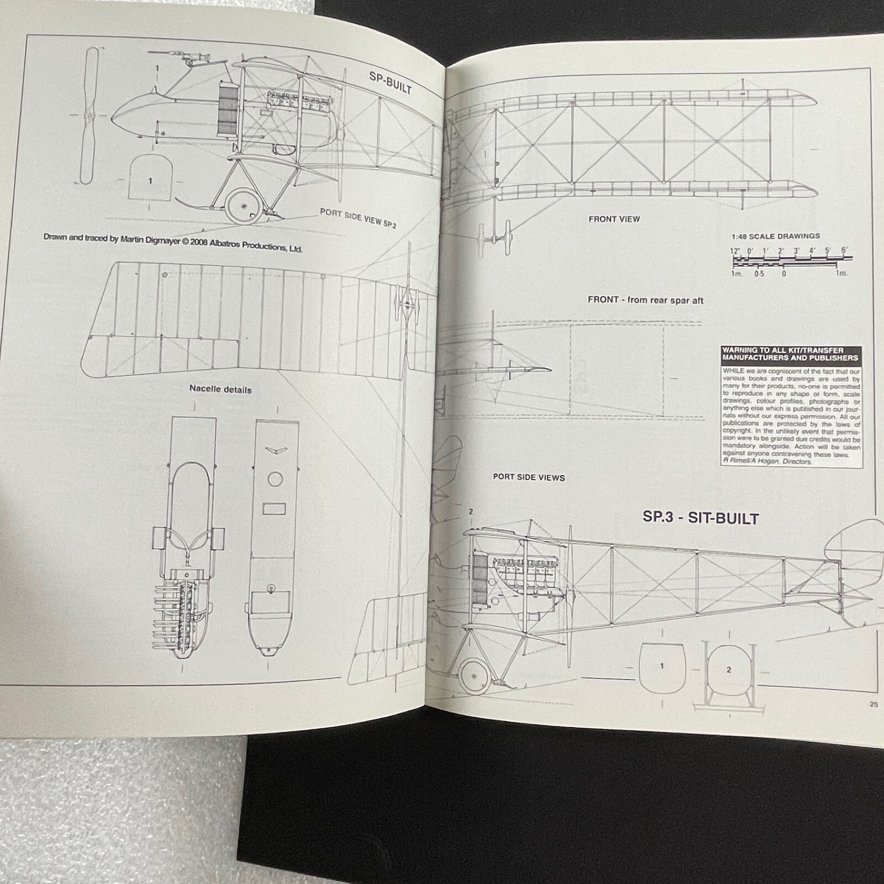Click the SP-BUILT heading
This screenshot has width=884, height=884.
(x=390, y=83)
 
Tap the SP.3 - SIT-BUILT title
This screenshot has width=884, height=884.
(x=700, y=518)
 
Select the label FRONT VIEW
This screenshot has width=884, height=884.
(x=614, y=219)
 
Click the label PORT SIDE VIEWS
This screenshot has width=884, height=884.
(x=529, y=477)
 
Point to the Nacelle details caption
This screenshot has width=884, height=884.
(x=220, y=389)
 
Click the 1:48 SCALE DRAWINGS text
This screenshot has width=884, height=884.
(x=775, y=236)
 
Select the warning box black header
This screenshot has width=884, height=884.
(x=791, y=354)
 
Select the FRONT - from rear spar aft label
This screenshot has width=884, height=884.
(x=645, y=300)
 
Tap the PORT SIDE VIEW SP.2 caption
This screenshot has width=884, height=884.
(x=357, y=218)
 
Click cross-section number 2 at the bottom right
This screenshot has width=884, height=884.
(x=729, y=670)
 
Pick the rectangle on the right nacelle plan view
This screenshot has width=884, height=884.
(x=275, y=508)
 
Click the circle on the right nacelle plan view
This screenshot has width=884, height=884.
(x=275, y=479)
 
